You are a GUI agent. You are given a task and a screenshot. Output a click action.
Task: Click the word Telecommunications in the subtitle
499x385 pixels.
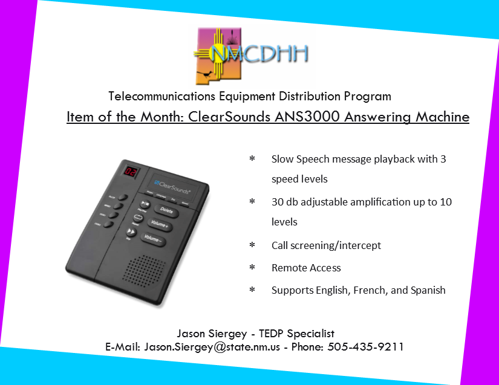161,96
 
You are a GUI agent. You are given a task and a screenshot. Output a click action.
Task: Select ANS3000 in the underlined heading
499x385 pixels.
307,117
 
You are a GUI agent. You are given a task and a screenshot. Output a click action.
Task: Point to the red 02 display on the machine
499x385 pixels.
131,172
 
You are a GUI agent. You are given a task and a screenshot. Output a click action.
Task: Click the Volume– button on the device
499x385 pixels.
153,239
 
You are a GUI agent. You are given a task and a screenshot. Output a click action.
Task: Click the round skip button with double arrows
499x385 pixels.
131,231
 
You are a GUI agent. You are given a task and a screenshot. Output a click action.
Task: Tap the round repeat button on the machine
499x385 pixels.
138,218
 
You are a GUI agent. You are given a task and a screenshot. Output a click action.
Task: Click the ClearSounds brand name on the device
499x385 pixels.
172,187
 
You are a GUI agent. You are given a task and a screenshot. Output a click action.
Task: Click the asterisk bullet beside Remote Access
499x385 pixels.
252,267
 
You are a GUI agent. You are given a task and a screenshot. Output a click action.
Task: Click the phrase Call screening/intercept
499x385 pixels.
326,245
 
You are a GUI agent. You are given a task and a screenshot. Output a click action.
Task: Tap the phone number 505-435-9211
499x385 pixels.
365,346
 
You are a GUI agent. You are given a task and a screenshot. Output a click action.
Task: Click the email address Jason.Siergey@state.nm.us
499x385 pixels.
212,346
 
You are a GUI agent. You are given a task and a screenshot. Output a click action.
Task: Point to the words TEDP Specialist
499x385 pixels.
296,334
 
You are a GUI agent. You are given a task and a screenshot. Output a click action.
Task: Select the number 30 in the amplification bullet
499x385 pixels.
278,202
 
